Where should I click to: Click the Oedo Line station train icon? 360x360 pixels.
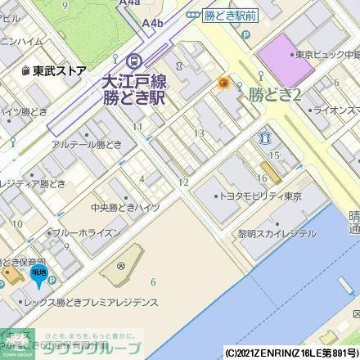pyautogui.click(x=134, y=59)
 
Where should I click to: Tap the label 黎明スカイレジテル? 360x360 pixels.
pyautogui.click(x=277, y=233)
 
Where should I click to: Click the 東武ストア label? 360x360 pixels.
pyautogui.click(x=55, y=71)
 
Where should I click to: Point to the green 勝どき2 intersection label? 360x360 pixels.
pyautogui.click(x=276, y=95)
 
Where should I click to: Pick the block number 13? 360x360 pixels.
pyautogui.click(x=198, y=133)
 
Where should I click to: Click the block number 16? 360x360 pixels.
pyautogui.click(x=262, y=178)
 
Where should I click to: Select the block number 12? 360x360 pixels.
pyautogui.click(x=184, y=182)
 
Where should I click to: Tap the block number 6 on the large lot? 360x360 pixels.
pyautogui.click(x=152, y=283)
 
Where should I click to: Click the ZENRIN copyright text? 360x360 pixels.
pyautogui.click(x=291, y=353)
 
